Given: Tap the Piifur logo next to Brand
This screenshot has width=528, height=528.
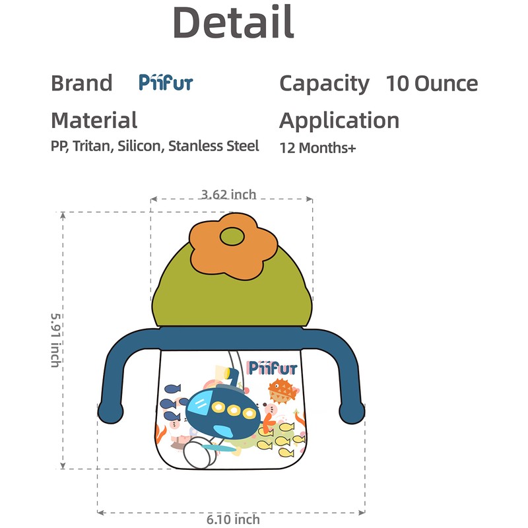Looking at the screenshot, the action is pos(166,82).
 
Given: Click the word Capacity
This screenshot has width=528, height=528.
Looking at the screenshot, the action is pos(324,83).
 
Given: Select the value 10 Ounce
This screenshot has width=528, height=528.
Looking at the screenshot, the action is pos(432,83).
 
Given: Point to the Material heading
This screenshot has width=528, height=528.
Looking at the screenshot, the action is pos(94,120).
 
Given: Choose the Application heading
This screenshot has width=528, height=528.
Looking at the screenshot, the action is pos(339,120).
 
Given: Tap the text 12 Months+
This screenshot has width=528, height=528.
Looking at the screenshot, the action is pos(317,147).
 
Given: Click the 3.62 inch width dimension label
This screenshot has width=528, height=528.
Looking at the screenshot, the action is pos(228,194).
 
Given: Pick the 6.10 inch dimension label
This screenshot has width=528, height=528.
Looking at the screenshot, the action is pos(233,519).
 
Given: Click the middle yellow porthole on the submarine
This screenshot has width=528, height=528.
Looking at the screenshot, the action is pos(235,411).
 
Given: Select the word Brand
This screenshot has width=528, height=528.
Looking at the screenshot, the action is pos(82,83).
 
